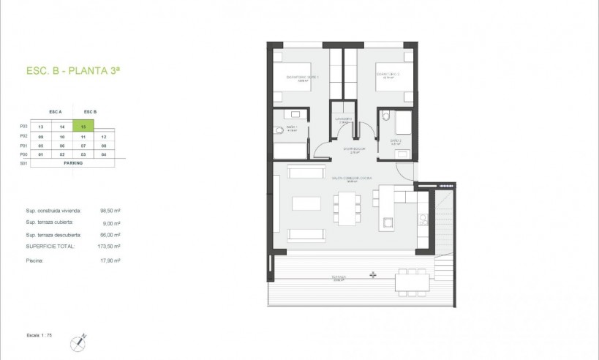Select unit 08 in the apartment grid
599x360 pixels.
105,146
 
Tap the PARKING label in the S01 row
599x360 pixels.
73,163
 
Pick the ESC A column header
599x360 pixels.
56,111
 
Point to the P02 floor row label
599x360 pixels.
24,136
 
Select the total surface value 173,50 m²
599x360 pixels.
110,247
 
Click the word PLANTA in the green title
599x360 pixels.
89,71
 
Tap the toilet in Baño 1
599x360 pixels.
279,130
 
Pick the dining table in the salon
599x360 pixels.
347,206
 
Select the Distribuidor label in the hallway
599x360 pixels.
353,149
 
